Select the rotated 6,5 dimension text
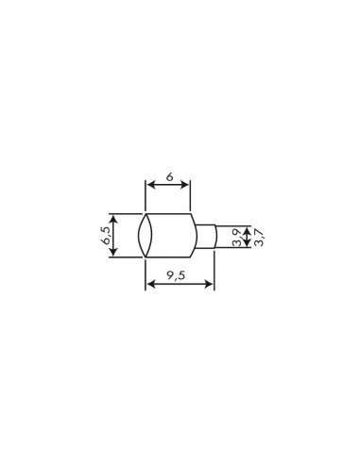point(109,235)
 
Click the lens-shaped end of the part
point(146,236)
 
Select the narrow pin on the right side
point(208,236)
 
